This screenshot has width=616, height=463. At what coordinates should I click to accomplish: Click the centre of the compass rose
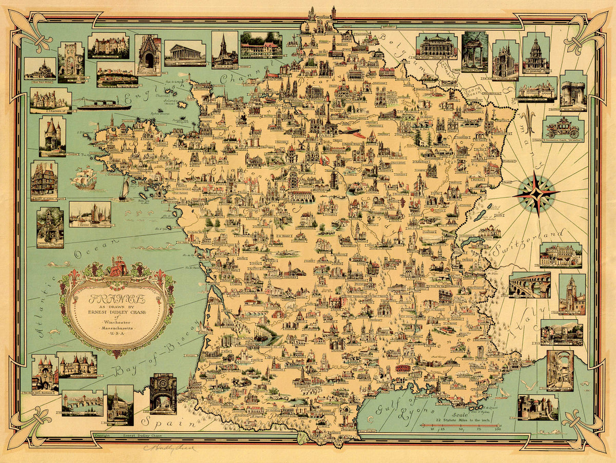coord(535,194)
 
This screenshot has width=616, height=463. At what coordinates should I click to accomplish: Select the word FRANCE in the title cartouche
coord(117,299)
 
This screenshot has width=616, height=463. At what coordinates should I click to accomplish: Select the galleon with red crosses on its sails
coord(84,178)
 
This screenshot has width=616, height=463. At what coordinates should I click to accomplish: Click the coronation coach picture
coord(562,127)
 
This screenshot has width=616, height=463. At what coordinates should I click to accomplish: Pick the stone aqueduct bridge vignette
coord(529,285)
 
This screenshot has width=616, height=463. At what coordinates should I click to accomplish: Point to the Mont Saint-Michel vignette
coord(40,68)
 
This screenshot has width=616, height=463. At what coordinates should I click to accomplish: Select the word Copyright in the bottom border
coord(103,435)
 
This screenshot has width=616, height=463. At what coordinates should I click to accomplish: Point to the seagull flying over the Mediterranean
coord(529,386)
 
